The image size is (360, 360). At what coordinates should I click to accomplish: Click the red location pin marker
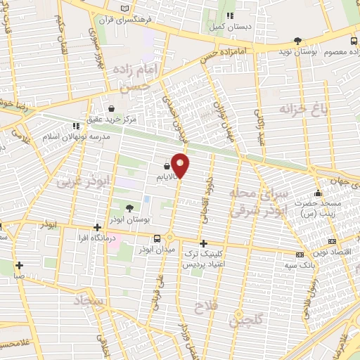181,166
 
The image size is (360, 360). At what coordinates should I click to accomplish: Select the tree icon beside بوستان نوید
298,40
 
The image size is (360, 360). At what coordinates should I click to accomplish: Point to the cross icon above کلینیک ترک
203,243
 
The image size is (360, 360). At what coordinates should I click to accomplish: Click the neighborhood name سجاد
91,301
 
